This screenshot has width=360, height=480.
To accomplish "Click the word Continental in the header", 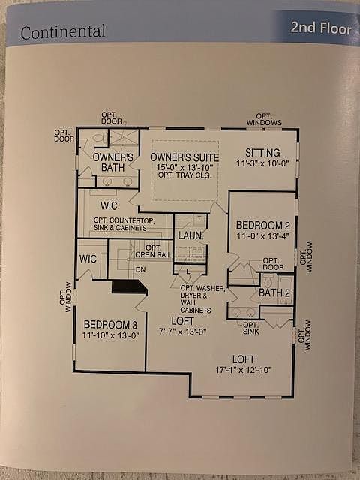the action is pos(63,31).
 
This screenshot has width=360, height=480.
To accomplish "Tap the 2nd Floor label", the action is pos(321,28).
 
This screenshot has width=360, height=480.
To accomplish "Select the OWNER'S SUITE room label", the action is pos(184,157).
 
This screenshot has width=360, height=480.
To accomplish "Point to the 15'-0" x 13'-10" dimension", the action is pos(184,167).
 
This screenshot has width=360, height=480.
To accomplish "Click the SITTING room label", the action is pos(262,153).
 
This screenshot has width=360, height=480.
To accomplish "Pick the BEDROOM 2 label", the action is pos(263,226).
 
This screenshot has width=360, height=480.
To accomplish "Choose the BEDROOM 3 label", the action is pos(110,325).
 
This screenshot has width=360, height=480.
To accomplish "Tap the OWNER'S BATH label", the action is pos(113,163).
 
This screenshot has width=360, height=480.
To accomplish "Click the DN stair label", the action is pos(140,270).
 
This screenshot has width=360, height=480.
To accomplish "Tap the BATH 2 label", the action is pos(274,292).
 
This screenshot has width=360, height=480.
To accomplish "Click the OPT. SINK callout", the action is pos(251,328).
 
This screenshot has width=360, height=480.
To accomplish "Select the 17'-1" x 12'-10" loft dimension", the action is pos(244,370).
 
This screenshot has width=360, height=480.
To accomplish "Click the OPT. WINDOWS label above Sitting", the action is pos(264,119).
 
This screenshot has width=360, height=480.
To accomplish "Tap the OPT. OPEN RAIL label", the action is pos(153,251).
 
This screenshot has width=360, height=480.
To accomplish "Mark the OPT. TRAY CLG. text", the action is pos(184,175).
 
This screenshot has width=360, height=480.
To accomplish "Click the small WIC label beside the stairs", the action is pos(88,259).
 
